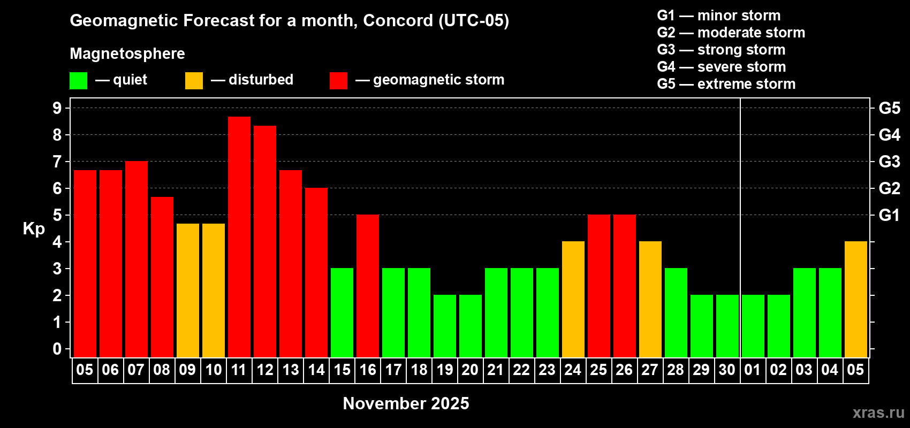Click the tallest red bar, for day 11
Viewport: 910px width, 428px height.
coord(239,237)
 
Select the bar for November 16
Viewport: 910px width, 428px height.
coord(368,286)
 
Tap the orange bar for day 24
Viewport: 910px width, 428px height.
coord(573,299)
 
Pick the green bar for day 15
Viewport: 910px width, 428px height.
coord(342,312)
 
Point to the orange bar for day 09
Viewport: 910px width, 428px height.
coord(188,291)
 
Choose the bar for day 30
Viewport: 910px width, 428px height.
coord(727,326)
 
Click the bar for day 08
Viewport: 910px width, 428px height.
coord(162,277)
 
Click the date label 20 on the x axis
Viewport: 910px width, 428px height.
coord(470,370)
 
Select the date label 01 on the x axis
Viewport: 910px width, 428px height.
coord(753,370)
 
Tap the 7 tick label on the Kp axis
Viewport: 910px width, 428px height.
coord(57,162)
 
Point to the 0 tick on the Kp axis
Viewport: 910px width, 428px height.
coord(57,349)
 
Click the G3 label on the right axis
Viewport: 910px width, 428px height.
coord(890,162)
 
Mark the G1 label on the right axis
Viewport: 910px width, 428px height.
coord(890,215)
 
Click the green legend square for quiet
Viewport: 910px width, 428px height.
coord(78,81)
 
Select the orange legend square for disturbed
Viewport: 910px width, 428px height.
coord(194,81)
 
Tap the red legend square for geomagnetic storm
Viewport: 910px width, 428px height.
coord(339,81)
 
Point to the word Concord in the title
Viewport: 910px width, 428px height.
coord(398,20)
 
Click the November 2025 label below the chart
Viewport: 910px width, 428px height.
coord(406,403)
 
